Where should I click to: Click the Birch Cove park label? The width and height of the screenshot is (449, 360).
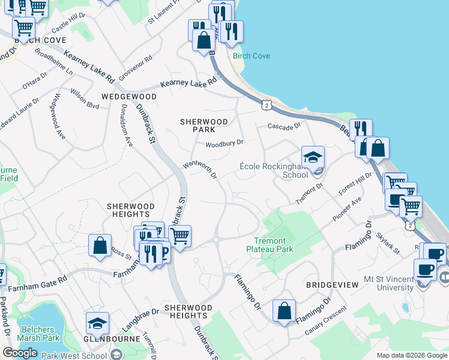coord(252,56)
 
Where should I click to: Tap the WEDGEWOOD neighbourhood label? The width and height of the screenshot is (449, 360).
coord(129,97)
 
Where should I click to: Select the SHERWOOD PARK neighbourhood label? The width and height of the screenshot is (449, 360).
coord(204,125)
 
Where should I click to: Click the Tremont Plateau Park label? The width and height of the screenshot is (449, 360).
coord(270,245)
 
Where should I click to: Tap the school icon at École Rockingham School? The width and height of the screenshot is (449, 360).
coord(313,158)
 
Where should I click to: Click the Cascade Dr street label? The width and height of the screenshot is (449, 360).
coord(284,127)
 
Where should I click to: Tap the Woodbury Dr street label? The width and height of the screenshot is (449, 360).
coord(224,143)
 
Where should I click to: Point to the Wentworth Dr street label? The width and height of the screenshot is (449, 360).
coord(199,169)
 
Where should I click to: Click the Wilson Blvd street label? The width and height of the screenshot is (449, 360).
coord(84,100)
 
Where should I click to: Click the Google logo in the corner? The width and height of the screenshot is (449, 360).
coord(20,353)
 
